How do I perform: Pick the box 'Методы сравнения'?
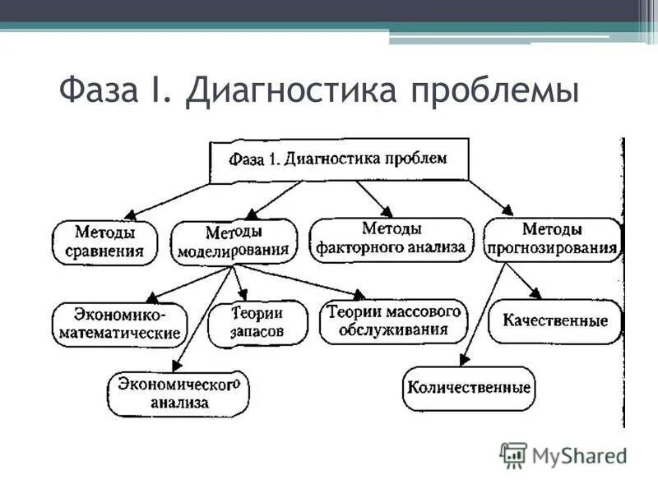tap(104, 241)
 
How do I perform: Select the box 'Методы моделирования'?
tap(234, 241)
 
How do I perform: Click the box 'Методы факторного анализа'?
tap(392, 238)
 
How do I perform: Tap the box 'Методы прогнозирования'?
tap(551, 239)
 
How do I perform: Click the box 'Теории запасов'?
tap(257, 323)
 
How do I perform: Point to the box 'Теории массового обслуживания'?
tap(392, 321)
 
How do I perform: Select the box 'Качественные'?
tap(554, 320)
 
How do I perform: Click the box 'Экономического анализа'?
tap(178, 393)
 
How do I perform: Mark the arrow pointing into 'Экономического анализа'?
tap(202, 320)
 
